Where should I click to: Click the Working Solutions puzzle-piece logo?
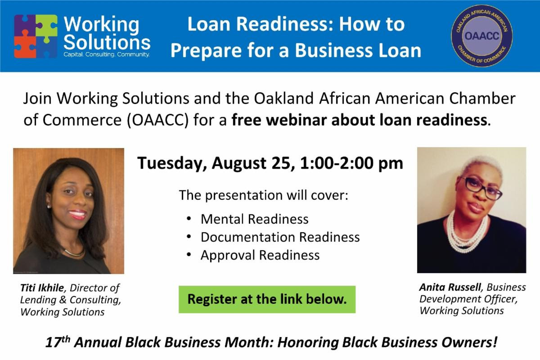click(x=36, y=36)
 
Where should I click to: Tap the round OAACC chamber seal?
click(x=482, y=36)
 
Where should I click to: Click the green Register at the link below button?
click(x=267, y=299)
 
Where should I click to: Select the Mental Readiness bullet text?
click(x=255, y=219)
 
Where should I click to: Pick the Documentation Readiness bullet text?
click(x=280, y=237)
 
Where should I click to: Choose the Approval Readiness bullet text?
click(x=260, y=255)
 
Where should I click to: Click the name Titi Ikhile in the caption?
click(x=42, y=288)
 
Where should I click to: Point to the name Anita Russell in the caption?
click(x=450, y=287)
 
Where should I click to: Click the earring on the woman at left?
click(x=49, y=206)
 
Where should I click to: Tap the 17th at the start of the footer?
click(x=58, y=342)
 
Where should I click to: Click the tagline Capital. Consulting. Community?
click(x=107, y=54)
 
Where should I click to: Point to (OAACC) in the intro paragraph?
click(x=157, y=120)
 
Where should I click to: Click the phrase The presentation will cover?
click(x=264, y=195)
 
